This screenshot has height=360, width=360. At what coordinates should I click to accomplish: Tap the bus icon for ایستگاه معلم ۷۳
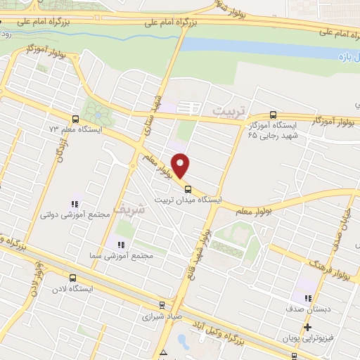tap(76, 119)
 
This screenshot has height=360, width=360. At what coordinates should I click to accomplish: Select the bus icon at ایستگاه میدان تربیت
tap(188, 188)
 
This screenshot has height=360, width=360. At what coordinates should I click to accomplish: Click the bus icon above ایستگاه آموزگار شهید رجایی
tap(274, 115)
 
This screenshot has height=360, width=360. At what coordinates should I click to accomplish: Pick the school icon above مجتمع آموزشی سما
tap(120, 244)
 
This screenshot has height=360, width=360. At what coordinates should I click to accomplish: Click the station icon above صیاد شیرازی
tap(163, 305)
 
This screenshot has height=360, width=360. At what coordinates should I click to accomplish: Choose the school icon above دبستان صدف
tap(308, 298)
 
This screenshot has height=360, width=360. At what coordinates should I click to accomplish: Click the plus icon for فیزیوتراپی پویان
tap(307, 327)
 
